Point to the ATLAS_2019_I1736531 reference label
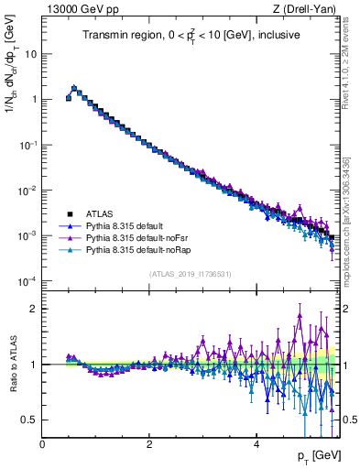pos(190,274)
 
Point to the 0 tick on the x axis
pos(42,443)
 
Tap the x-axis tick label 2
pos(149,443)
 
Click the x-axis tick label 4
pos(256,443)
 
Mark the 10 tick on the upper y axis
pos(30,53)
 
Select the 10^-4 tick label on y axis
pos(26,280)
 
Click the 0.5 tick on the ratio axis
pos(27,420)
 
